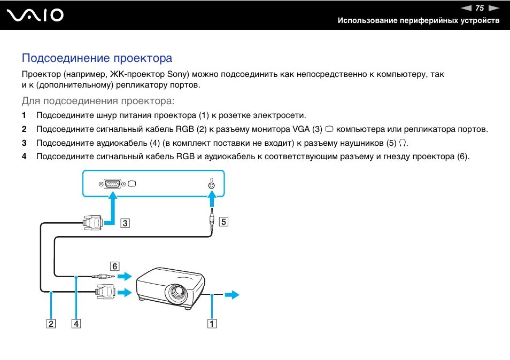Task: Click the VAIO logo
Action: click(35, 15)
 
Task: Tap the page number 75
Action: click(479, 8)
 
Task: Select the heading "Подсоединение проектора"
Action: click(97, 58)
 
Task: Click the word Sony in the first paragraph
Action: click(177, 74)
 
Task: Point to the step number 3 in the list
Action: click(24, 143)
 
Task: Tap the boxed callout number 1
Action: click(212, 323)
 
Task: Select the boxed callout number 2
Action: click(51, 323)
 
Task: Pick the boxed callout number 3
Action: click(125, 223)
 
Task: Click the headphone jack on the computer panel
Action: click(212, 185)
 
